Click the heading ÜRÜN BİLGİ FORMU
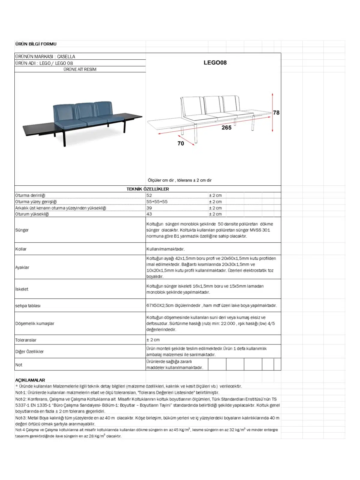click(36, 44)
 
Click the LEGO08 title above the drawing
click(215, 63)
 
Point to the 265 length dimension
click(226, 127)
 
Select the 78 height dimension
click(276, 112)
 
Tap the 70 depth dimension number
click(181, 143)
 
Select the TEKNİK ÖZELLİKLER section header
click(148, 189)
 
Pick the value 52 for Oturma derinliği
click(149, 195)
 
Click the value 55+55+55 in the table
click(157, 202)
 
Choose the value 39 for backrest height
click(149, 208)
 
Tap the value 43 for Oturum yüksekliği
click(149, 214)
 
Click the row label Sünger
click(22, 230)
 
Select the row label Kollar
click(21, 249)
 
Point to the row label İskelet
click(22, 289)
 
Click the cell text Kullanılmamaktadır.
click(165, 249)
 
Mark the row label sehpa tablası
click(28, 306)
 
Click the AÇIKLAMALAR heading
click(30, 380)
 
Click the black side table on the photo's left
click(39, 129)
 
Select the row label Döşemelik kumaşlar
click(35, 323)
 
